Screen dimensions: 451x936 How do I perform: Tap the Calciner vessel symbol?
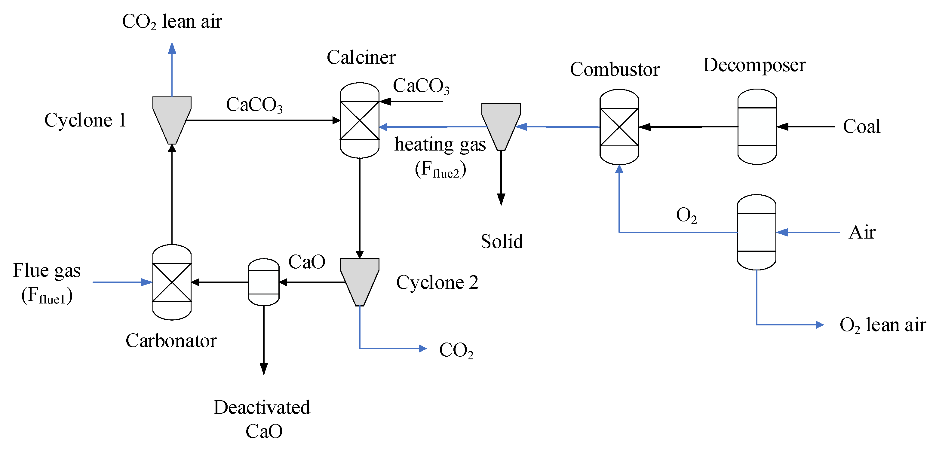[x=359, y=120]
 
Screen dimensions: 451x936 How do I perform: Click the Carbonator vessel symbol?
[x=172, y=282]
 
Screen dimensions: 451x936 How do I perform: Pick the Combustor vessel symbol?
[x=619, y=127]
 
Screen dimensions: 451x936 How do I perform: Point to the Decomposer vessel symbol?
[x=757, y=127]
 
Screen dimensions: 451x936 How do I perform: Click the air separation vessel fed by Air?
[x=756, y=232]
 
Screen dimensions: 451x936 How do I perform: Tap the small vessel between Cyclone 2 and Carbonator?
[x=263, y=282]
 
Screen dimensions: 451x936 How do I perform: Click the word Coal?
[x=861, y=127]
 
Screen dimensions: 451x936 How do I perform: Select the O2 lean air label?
[x=882, y=325]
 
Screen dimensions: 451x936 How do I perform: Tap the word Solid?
[x=502, y=242]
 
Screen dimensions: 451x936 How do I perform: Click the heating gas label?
[x=440, y=145]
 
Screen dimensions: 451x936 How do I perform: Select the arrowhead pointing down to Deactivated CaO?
[x=264, y=369]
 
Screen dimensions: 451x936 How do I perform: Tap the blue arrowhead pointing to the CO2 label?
[x=422, y=349]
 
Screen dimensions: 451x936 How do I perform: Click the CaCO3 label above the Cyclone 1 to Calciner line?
[x=254, y=105]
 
